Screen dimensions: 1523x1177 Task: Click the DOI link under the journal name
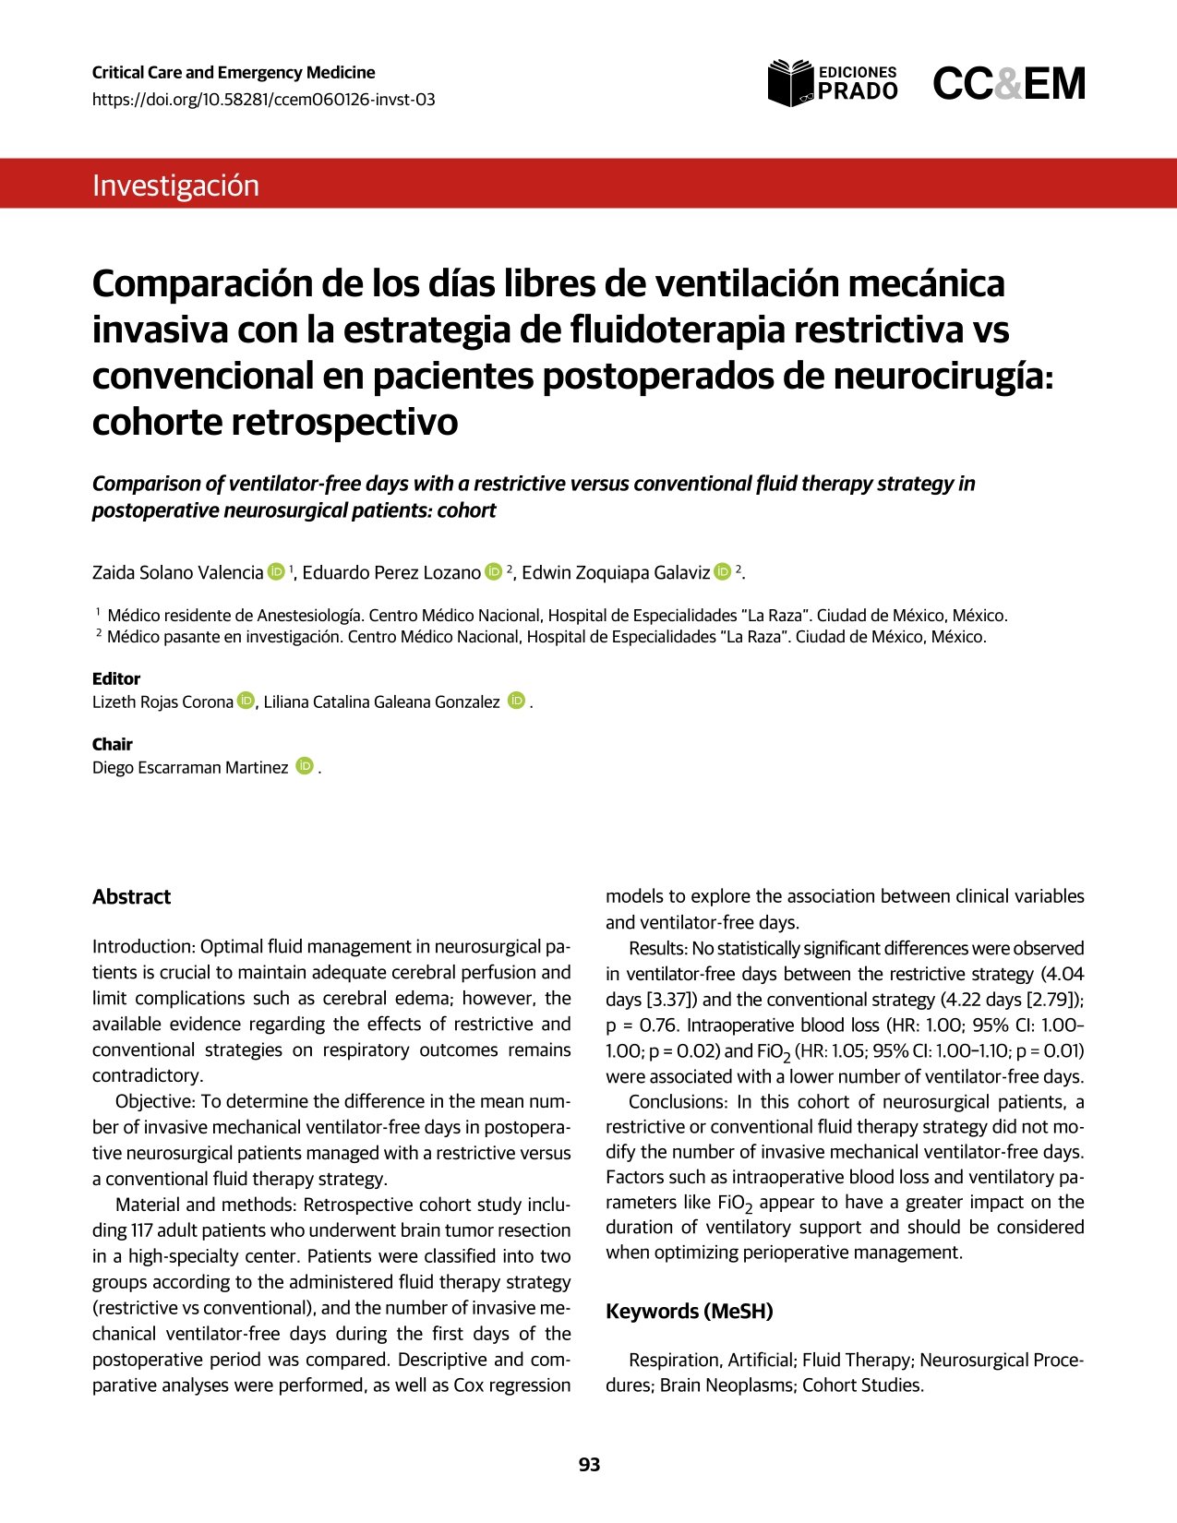(263, 100)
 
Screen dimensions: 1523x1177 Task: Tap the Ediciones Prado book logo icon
(791, 83)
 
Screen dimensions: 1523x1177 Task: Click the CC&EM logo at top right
(1009, 84)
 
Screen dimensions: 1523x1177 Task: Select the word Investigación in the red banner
(175, 186)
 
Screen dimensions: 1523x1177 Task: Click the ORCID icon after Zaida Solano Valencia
(276, 572)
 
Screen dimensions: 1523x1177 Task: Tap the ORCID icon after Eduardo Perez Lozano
(493, 572)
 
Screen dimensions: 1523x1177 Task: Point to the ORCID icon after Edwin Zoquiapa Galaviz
(723, 572)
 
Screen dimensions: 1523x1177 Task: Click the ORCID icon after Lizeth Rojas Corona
(245, 702)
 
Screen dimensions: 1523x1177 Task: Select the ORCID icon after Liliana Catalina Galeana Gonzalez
(516, 702)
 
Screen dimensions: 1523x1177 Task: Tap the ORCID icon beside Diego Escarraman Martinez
(305, 767)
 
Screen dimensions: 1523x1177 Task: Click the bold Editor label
(116, 678)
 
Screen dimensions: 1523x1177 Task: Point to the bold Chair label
(113, 744)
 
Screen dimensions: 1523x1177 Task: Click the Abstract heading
(132, 897)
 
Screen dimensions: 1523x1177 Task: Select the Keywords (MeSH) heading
(690, 1312)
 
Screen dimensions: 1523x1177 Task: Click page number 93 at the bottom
(589, 1465)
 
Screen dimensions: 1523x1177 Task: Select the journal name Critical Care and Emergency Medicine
(234, 73)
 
